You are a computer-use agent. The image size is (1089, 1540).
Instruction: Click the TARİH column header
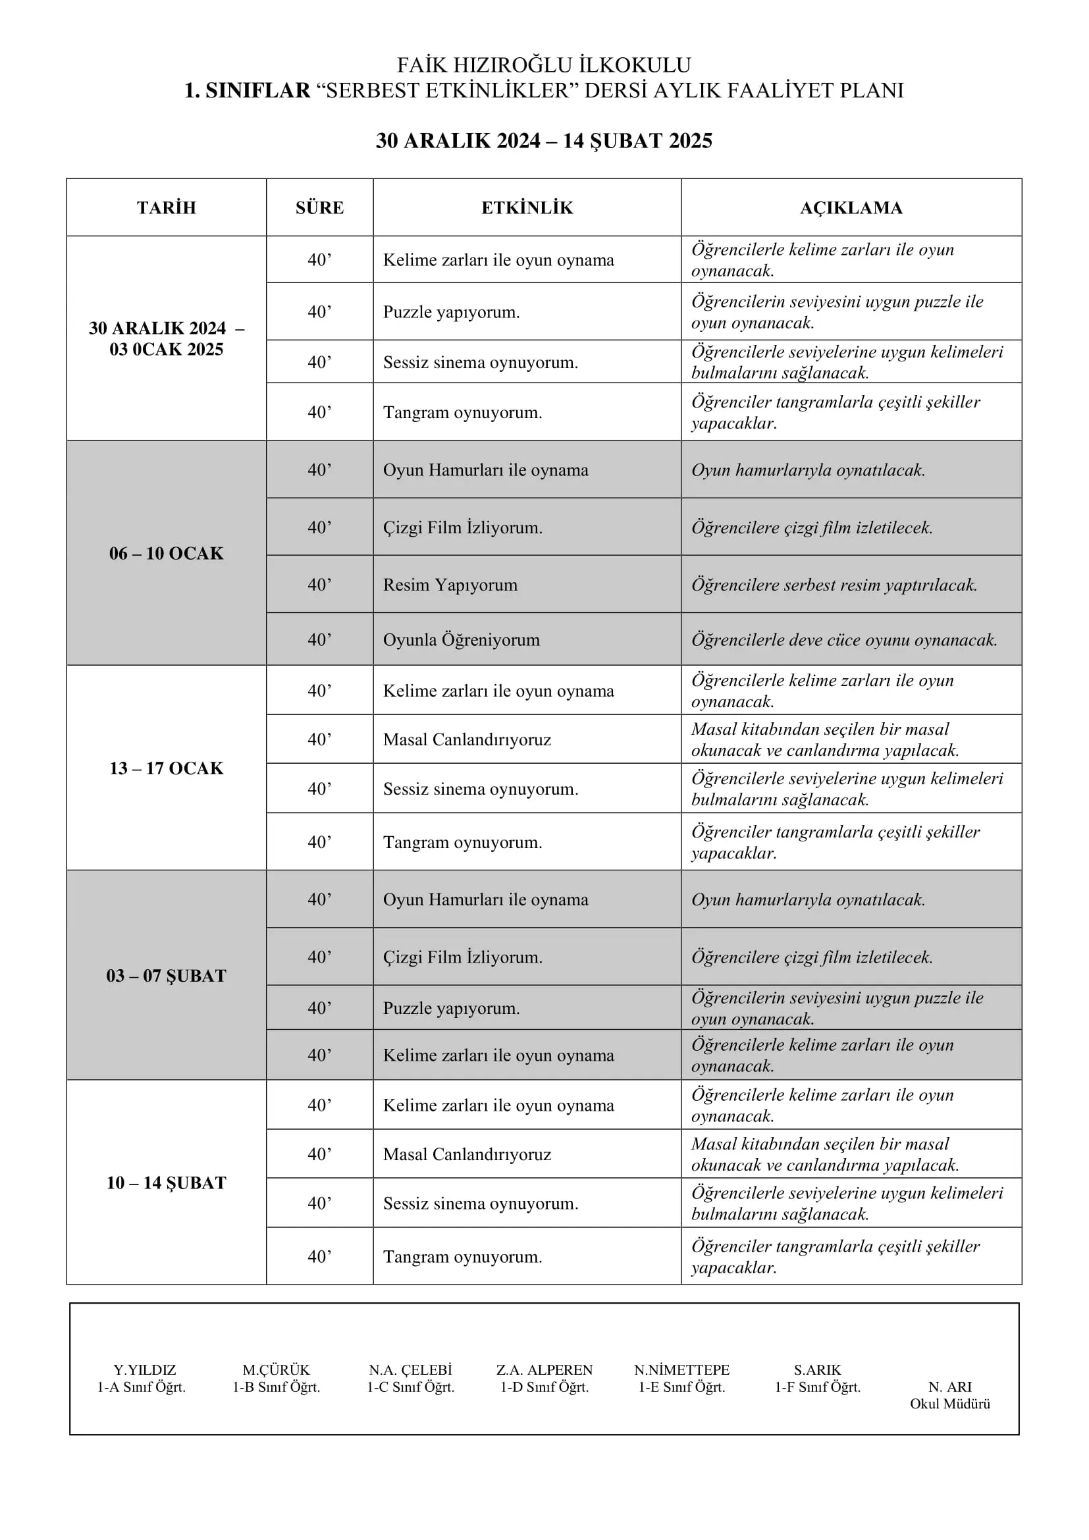tap(167, 208)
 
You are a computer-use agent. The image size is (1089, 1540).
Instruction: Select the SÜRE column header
tap(319, 208)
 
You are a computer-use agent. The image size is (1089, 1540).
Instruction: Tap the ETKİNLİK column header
tap(527, 208)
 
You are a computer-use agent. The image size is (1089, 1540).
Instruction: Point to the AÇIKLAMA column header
tap(851, 208)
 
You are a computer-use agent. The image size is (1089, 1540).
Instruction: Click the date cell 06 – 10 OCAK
tap(167, 553)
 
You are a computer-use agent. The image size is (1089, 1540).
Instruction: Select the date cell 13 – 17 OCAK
tap(167, 768)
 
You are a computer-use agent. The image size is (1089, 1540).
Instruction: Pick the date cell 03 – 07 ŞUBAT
tap(167, 975)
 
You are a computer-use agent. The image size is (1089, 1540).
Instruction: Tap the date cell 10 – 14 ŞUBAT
tap(167, 1182)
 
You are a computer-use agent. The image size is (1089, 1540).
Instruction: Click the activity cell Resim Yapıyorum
tap(450, 585)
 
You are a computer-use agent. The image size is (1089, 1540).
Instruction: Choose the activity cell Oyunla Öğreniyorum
tap(462, 640)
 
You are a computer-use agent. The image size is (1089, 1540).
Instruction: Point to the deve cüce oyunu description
tap(844, 640)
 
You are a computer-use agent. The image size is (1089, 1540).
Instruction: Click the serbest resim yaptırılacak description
tap(834, 585)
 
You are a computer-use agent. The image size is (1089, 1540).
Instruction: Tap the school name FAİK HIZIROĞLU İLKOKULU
tap(544, 65)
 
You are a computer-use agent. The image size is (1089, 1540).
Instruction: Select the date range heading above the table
tap(544, 141)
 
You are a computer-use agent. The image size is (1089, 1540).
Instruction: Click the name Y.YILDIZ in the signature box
tap(144, 1369)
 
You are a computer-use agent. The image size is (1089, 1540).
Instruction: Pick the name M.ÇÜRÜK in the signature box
tap(277, 1369)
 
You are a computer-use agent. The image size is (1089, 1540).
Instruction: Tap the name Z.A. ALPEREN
tap(544, 1369)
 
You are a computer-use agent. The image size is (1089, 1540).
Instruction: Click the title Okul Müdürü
tap(949, 1404)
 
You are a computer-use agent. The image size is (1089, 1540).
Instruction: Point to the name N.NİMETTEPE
tap(681, 1369)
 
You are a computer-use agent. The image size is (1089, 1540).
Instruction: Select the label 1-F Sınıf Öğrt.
tap(818, 1387)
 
